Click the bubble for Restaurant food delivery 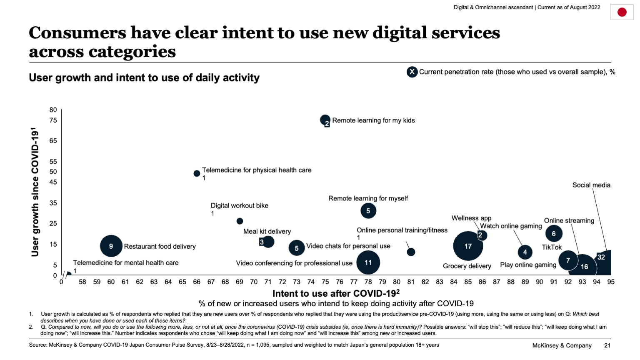[111, 246]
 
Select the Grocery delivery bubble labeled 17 [468, 246]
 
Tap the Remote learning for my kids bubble [325, 120]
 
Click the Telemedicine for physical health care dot [197, 173]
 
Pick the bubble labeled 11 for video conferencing [368, 262]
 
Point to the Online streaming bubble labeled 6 [554, 234]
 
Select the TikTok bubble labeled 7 [567, 260]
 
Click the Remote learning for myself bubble [368, 211]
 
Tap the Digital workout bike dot [240, 221]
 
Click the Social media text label [591, 185]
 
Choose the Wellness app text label [471, 218]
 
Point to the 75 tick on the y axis [53, 120]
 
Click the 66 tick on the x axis [197, 282]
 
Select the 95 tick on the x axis [611, 282]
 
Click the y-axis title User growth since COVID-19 [35, 192]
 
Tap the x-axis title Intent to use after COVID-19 [336, 293]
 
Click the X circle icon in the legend [412, 72]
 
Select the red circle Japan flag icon [622, 12]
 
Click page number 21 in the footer [607, 345]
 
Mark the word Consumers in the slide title [77, 33]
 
